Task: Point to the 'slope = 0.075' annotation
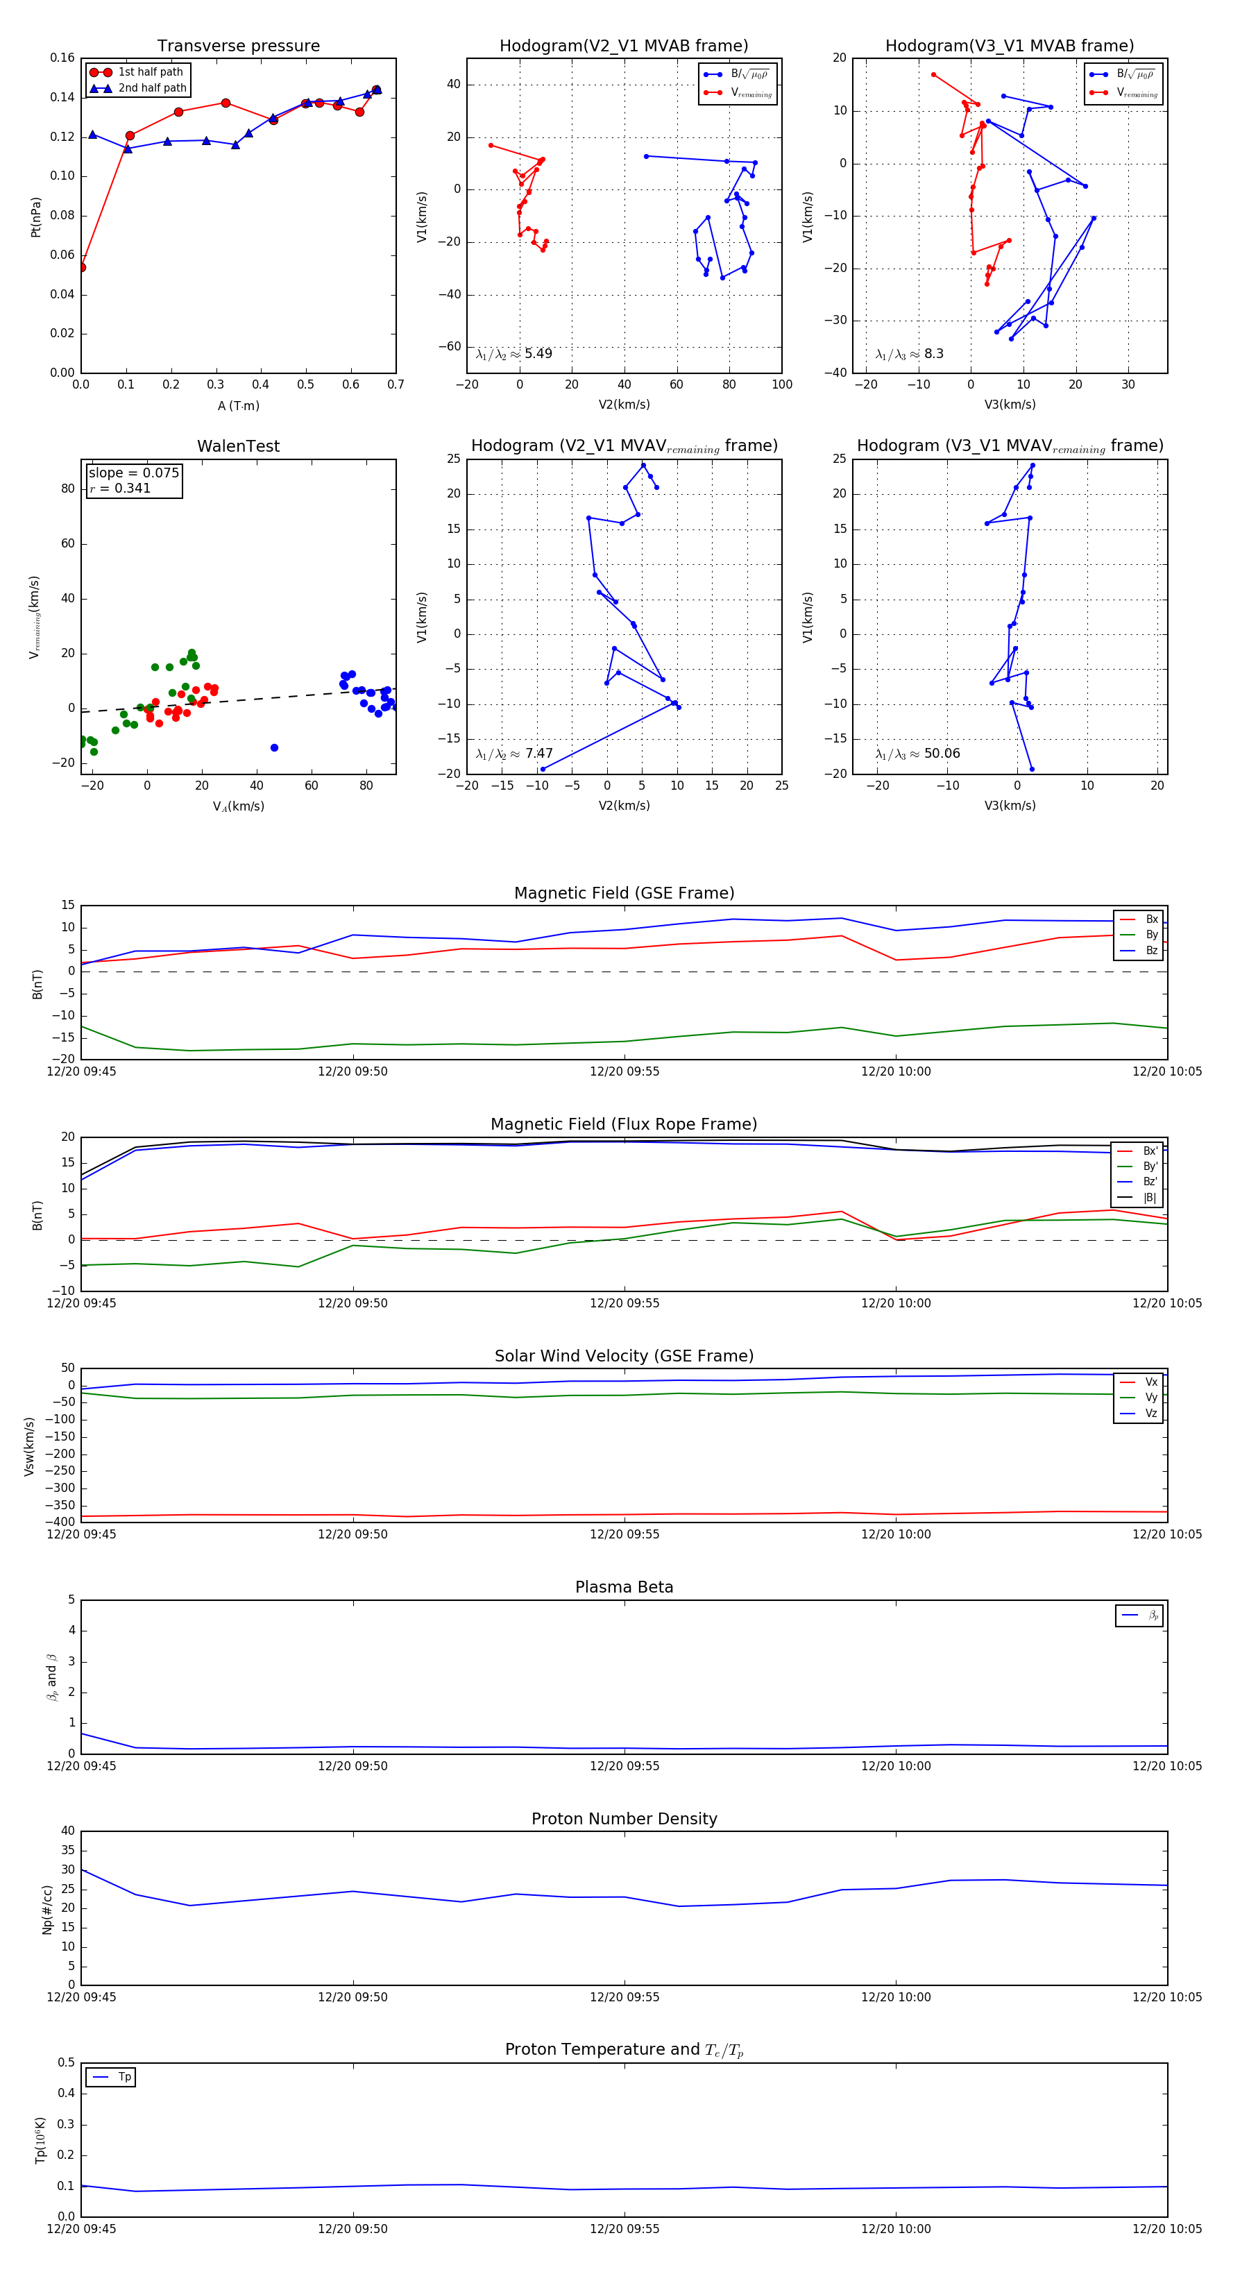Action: point(133,473)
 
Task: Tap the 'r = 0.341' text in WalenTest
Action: point(120,488)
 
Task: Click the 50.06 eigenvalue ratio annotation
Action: point(917,754)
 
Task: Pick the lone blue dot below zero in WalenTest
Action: point(274,747)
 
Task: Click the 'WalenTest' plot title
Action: point(238,446)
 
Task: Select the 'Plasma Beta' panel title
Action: point(624,1588)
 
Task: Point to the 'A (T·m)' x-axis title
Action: point(238,406)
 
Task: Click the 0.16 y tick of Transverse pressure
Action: point(62,58)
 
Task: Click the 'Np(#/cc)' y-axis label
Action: point(48,1908)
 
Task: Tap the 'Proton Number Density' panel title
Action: point(624,1819)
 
